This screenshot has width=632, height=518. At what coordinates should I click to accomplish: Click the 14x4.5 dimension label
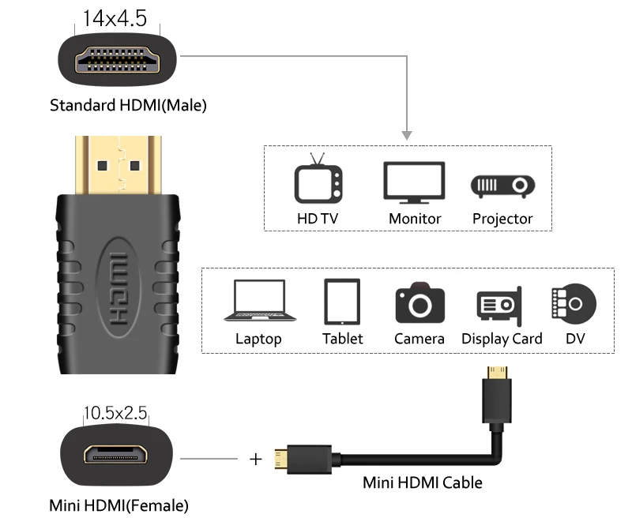pos(115,18)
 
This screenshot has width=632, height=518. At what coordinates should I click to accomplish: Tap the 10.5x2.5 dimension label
pos(115,413)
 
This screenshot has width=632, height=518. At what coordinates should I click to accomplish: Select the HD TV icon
pos(318,178)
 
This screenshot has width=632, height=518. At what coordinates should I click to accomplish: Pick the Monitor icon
pos(414,182)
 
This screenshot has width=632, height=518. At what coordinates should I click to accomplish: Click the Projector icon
pos(502,186)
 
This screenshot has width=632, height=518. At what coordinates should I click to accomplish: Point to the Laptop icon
pos(260,301)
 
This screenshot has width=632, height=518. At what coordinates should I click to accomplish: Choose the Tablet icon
pos(342,302)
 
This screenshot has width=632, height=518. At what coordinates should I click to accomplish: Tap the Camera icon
pos(420,302)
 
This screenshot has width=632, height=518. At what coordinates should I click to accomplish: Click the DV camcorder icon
pos(574,304)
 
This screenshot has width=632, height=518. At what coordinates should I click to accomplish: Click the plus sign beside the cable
pos(255,460)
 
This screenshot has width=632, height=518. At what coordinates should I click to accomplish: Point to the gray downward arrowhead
pos(407,135)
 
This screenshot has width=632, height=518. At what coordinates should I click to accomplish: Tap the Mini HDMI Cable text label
pos(423,482)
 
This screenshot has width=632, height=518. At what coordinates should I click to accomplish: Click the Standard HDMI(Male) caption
pos(128,106)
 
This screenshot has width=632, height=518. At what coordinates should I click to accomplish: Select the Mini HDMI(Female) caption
pos(119,505)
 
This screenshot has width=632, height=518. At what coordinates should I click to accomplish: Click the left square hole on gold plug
pos(103,166)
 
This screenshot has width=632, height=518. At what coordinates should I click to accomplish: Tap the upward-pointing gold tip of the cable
pos(497,373)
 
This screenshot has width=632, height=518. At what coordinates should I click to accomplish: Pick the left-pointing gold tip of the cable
pos(281,459)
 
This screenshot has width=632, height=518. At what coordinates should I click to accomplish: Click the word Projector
pos(502,219)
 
